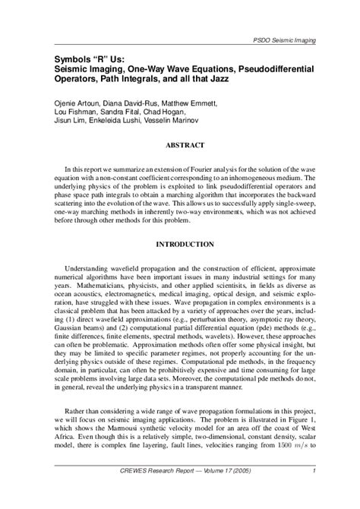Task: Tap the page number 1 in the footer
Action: pos(314,471)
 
